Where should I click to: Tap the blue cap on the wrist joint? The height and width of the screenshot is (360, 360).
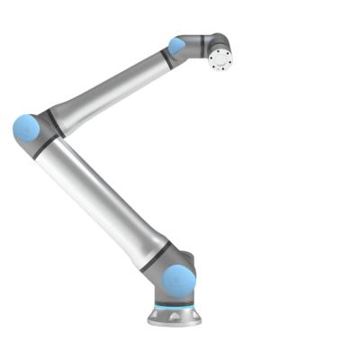coord(177,45)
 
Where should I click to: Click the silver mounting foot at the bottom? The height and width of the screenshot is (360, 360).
coord(175,317)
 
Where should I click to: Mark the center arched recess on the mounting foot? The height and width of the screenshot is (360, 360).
coord(174,319)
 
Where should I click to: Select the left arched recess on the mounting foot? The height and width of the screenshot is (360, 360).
coord(157,317)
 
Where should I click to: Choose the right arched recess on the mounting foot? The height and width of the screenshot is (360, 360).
coord(191,318)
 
